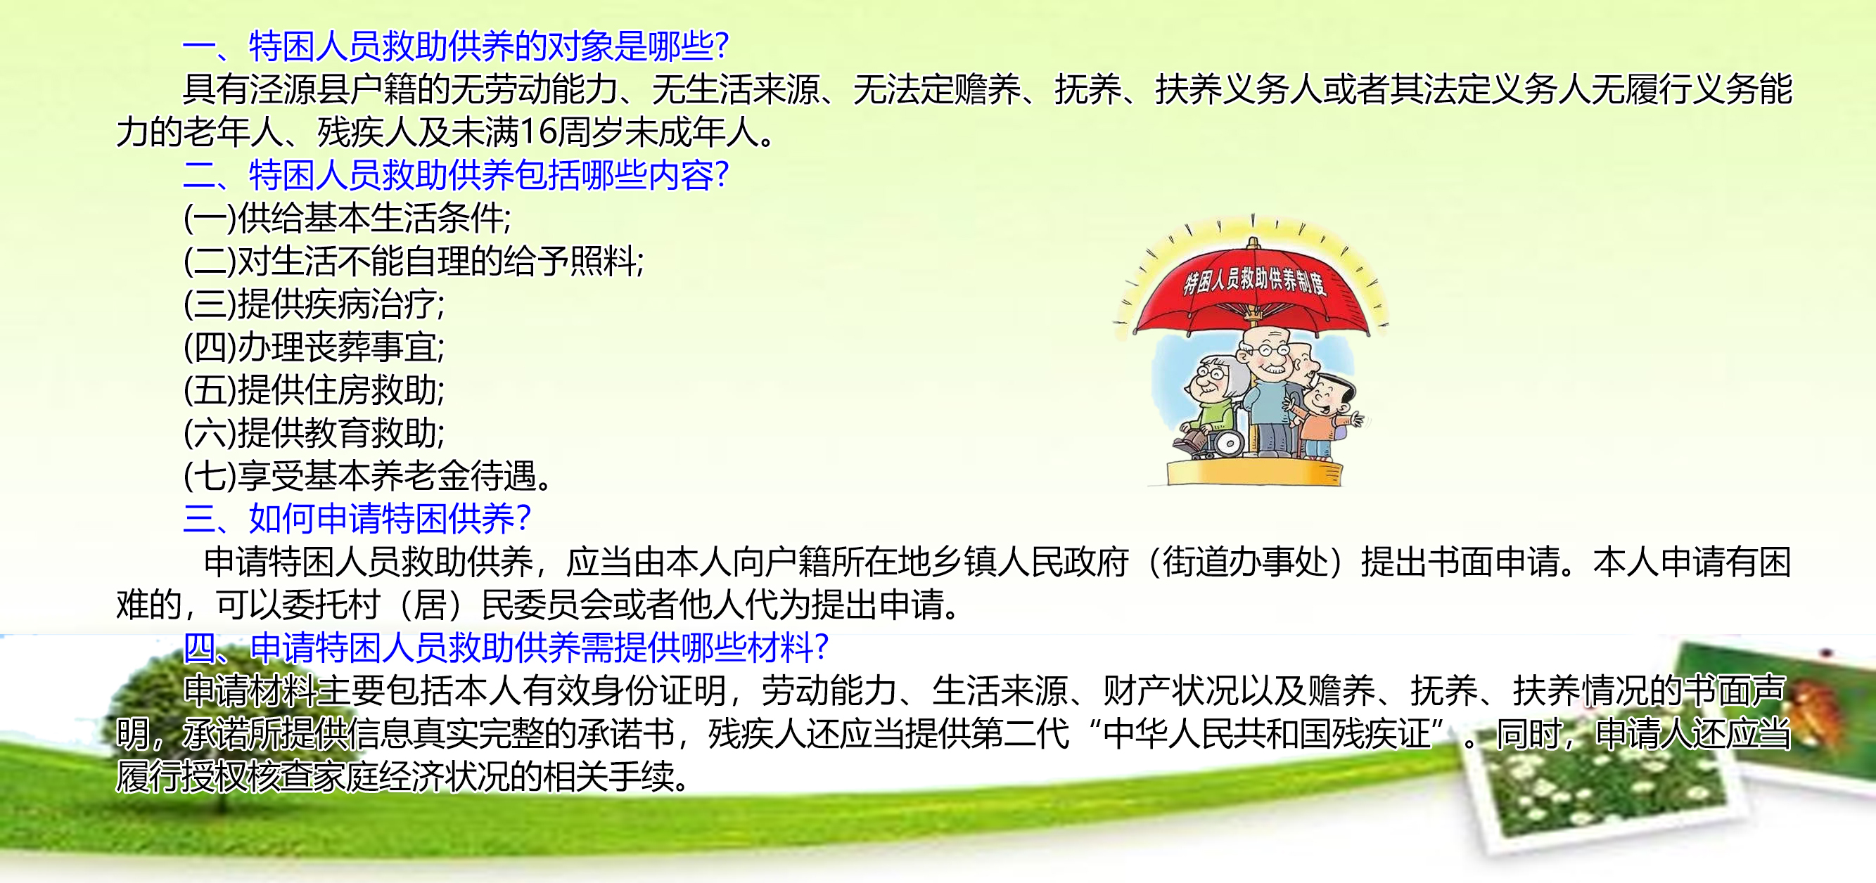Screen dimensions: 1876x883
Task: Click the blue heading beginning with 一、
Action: [456, 46]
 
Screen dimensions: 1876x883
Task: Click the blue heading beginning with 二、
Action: [456, 175]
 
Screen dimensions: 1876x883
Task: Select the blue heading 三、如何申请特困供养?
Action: [357, 518]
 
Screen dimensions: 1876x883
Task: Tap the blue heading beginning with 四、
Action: [506, 647]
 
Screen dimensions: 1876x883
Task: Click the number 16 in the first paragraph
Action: [537, 131]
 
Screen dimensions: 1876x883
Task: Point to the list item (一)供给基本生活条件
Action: [347, 218]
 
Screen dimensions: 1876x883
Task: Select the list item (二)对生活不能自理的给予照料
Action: [414, 261]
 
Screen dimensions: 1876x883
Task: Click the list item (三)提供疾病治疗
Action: [314, 304]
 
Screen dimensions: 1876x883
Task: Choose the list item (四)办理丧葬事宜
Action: [314, 347]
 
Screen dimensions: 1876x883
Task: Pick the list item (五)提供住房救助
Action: [314, 389]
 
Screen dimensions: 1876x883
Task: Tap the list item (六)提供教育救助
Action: [314, 432]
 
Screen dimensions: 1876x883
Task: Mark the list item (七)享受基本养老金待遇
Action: [368, 475]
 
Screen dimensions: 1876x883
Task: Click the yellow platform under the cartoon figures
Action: [1254, 472]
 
